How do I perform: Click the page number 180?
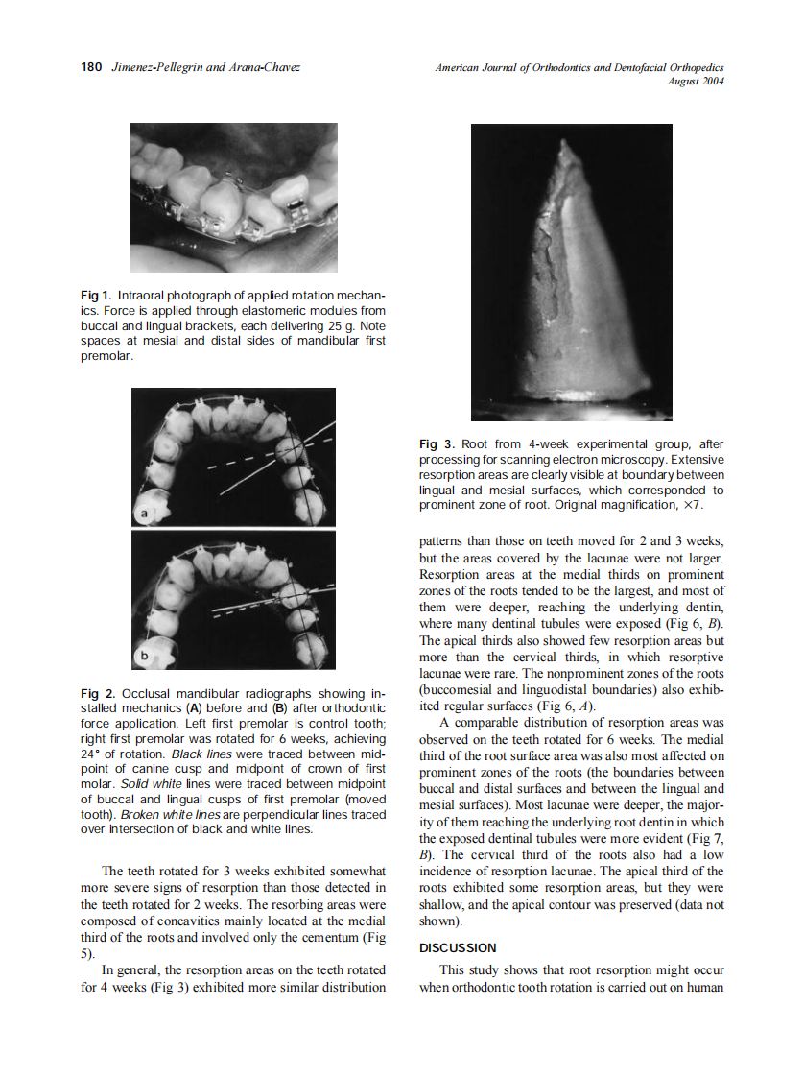[90, 67]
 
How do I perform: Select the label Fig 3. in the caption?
[437, 444]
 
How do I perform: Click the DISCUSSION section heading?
[458, 948]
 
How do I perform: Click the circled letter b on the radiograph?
[144, 655]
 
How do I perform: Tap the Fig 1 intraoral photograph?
[234, 198]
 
